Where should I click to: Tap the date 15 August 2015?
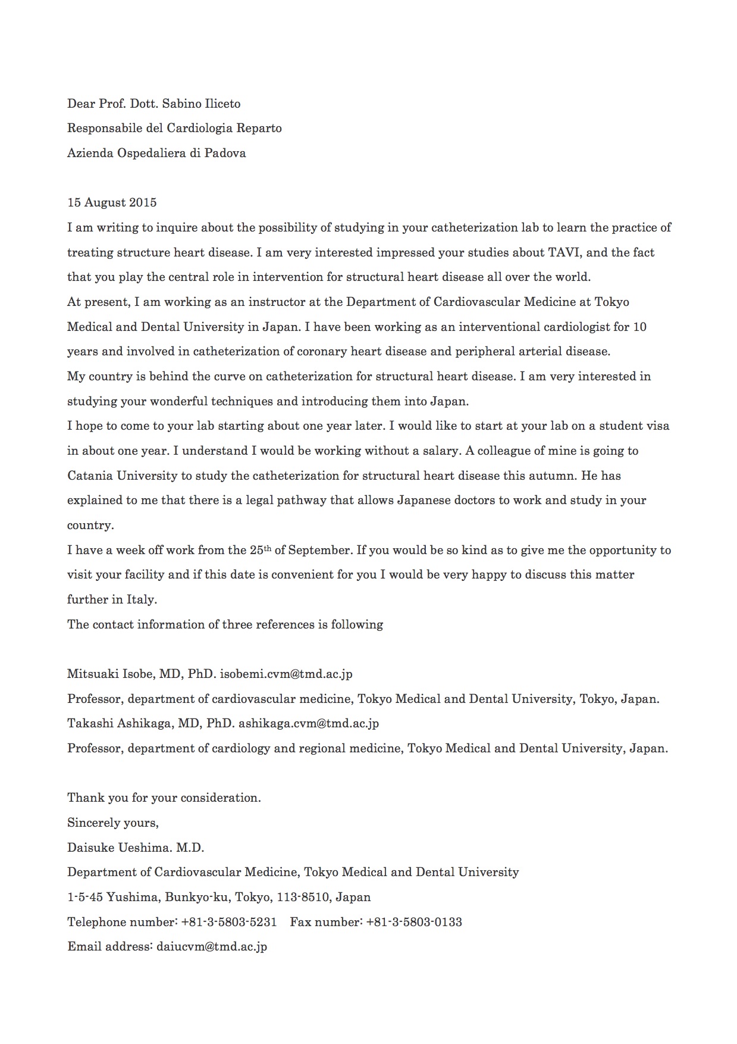point(112,202)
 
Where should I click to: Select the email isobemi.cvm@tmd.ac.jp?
point(286,674)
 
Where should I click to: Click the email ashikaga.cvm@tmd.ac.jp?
point(309,724)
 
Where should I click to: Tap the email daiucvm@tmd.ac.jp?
point(212,946)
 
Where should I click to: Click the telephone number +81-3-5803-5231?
point(229,922)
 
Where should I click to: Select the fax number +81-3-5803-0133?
point(414,922)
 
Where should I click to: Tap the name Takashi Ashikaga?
point(120,724)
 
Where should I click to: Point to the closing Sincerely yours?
point(112,823)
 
